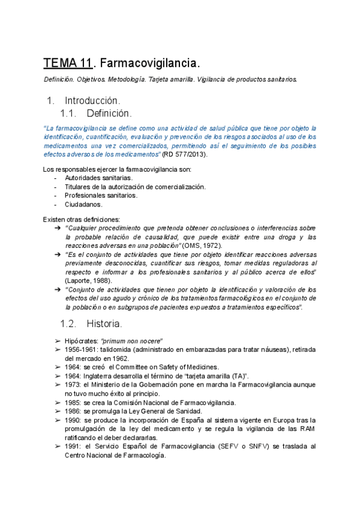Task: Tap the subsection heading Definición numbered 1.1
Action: pyautogui.click(x=108, y=113)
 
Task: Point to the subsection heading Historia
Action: pyautogui.click(x=104, y=324)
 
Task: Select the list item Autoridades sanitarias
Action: pyautogui.click(x=98, y=178)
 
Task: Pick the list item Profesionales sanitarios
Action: pyautogui.click(x=101, y=195)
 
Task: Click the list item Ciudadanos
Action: pyautogui.click(x=83, y=204)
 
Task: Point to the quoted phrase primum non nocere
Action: pyautogui.click(x=135, y=341)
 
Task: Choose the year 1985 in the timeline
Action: pyautogui.click(x=73, y=402)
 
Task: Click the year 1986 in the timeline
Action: pyautogui.click(x=73, y=411)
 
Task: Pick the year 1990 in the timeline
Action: pyautogui.click(x=73, y=420)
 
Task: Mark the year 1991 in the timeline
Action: pyautogui.click(x=73, y=447)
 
